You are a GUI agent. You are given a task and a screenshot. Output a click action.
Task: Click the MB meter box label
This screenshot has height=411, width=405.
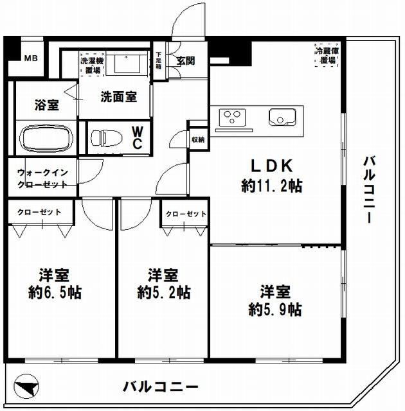pos(31,58)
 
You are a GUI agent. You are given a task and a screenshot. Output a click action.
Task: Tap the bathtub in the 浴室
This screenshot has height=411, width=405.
pos(46,138)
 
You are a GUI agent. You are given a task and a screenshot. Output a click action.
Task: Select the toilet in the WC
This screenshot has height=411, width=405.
pos(107,137)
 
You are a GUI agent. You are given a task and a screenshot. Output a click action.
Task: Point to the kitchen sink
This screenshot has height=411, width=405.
pos(282,117)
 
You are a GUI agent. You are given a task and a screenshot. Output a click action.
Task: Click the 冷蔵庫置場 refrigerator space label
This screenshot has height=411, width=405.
pos(327,56)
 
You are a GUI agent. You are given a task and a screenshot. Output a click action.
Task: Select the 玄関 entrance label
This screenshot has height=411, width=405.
pos(186,61)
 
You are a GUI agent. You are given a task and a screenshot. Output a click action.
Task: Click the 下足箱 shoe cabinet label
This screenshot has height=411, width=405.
pos(159,60)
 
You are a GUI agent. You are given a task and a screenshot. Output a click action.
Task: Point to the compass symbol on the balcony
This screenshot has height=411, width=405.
pos(26,387)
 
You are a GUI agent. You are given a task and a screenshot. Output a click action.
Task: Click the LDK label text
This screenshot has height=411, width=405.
pos(272,166)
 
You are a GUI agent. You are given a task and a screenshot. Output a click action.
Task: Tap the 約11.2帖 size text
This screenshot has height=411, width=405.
pos(272,186)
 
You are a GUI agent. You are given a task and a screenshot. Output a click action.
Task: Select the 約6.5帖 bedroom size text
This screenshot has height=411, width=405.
pos(55,293)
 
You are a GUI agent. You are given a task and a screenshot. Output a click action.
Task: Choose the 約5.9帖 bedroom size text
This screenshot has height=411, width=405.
pos(275,310)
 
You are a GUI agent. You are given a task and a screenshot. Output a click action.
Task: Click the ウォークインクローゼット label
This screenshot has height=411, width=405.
pos(43,179)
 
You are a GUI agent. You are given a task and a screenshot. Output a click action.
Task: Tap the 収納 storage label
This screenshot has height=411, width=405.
pos(198,140)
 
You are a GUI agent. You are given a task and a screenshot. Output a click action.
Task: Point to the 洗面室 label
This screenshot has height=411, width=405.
pos(118,97)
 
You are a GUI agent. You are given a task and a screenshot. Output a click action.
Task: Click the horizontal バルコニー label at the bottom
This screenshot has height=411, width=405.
pos(161,387)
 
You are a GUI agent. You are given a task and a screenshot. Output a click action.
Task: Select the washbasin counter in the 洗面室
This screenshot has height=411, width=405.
pos(127,64)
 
